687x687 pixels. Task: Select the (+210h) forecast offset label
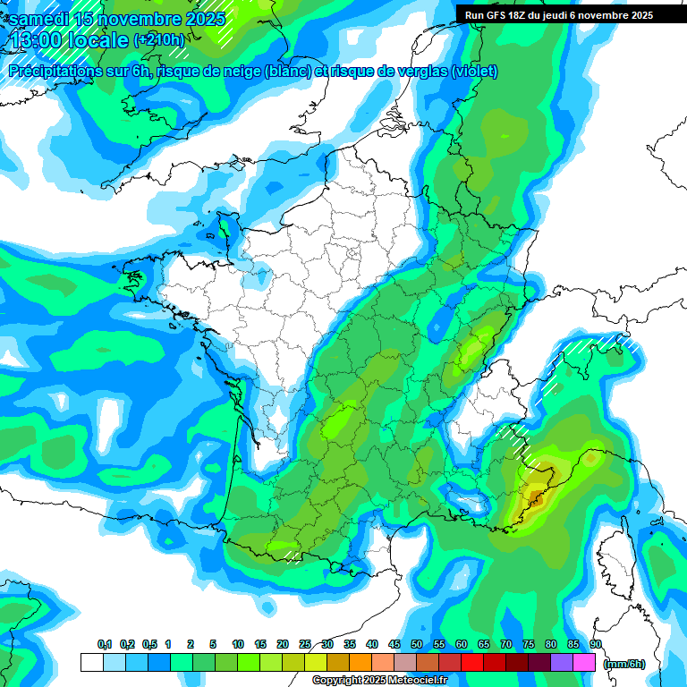coord(158,40)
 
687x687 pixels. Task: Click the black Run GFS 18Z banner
coord(558,15)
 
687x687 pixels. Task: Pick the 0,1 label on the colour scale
coord(104,645)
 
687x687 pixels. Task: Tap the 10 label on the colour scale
coord(238,645)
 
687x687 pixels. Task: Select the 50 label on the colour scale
coord(417,645)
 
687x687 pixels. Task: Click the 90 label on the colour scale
coord(595,645)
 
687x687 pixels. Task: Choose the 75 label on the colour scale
coord(529,645)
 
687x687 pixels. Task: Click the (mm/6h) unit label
coord(624,664)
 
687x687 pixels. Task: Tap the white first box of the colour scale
coord(91,663)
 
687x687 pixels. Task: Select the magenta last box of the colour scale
coord(584,663)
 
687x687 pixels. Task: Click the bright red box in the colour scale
coord(472,663)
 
